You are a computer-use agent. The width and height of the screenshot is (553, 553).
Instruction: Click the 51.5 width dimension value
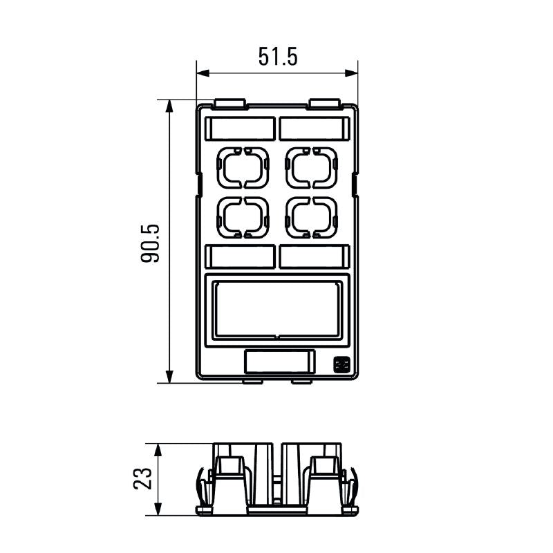click(x=278, y=56)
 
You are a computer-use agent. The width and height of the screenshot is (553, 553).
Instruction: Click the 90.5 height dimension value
click(x=151, y=243)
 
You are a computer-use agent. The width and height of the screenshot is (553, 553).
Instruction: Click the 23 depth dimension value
click(x=143, y=479)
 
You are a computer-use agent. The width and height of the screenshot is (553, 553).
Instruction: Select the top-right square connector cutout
click(x=312, y=167)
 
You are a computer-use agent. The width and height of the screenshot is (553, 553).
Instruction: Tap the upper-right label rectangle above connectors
click(x=313, y=129)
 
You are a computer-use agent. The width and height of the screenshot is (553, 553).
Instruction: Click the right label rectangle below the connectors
click(x=313, y=256)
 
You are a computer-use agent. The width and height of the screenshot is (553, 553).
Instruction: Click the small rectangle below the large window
click(x=280, y=362)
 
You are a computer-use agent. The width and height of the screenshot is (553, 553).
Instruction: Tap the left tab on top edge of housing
click(x=230, y=104)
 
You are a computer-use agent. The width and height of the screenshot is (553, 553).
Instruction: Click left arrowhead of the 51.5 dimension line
click(x=201, y=73)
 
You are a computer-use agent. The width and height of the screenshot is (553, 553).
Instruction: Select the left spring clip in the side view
click(x=201, y=487)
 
